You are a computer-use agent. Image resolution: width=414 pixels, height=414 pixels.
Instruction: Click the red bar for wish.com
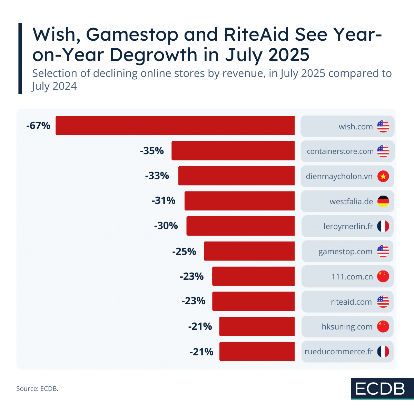[x=175, y=126]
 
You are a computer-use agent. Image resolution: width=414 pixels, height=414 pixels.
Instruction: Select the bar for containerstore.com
[x=233, y=151]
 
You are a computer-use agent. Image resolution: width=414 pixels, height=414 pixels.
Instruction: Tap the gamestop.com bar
[x=249, y=251]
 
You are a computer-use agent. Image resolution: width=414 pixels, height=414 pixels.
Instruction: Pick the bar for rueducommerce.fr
[x=257, y=352]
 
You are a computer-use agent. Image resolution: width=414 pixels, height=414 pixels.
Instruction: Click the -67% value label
[x=38, y=126]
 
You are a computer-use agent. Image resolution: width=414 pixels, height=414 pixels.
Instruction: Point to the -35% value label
[x=152, y=151]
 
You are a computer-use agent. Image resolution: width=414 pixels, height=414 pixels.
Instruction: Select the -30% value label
[x=166, y=226]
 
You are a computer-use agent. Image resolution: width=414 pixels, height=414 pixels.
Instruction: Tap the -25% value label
[x=184, y=252]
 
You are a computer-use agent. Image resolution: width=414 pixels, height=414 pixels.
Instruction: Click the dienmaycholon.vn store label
[x=339, y=177]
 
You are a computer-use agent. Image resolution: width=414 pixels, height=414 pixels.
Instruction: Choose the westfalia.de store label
[x=351, y=201]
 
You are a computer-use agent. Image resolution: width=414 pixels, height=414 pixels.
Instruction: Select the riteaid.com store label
[x=351, y=302]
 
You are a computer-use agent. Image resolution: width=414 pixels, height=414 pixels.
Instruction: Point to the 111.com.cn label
[x=352, y=277]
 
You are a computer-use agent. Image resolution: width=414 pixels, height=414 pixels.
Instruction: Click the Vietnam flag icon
[x=383, y=176]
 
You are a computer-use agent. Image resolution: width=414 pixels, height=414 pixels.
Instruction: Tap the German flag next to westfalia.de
[x=383, y=201]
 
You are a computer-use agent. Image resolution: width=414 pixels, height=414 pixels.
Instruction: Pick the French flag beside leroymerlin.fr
[x=383, y=226]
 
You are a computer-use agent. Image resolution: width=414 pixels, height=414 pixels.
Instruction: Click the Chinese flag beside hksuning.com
[x=383, y=327]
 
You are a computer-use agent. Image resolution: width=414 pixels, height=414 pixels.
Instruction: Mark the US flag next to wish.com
[x=383, y=126]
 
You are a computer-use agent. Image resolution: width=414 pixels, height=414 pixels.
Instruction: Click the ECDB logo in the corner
[x=382, y=389]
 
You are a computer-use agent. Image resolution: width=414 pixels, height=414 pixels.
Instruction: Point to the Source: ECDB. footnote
[x=37, y=388]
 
